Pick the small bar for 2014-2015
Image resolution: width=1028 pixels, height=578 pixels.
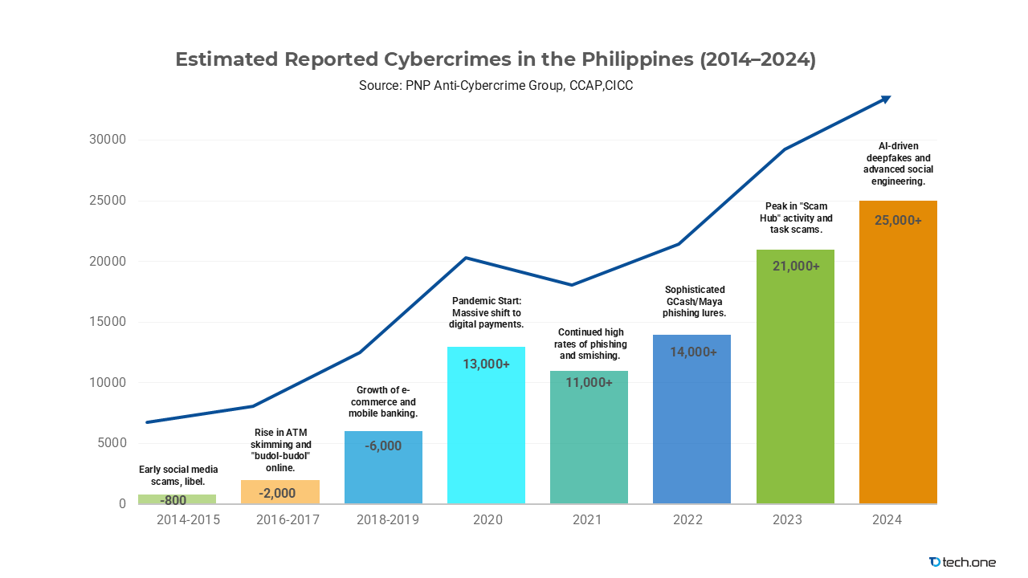click(x=177, y=499)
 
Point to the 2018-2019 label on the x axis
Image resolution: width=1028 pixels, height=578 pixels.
click(x=387, y=520)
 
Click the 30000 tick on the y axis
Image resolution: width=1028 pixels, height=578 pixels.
click(x=107, y=140)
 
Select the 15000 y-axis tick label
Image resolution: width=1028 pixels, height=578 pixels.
click(x=107, y=322)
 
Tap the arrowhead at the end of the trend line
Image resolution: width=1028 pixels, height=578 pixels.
click(x=885, y=98)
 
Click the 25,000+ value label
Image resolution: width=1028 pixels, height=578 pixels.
click(x=898, y=220)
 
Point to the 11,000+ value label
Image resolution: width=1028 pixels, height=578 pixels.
click(x=589, y=383)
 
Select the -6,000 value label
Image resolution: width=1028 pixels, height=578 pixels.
click(x=382, y=446)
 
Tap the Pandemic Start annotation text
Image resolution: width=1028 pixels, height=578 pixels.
click(x=486, y=313)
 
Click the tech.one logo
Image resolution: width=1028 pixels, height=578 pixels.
click(x=961, y=562)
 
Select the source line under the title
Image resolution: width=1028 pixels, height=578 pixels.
click(x=496, y=85)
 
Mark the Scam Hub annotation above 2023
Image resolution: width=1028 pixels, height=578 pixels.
click(x=795, y=218)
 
